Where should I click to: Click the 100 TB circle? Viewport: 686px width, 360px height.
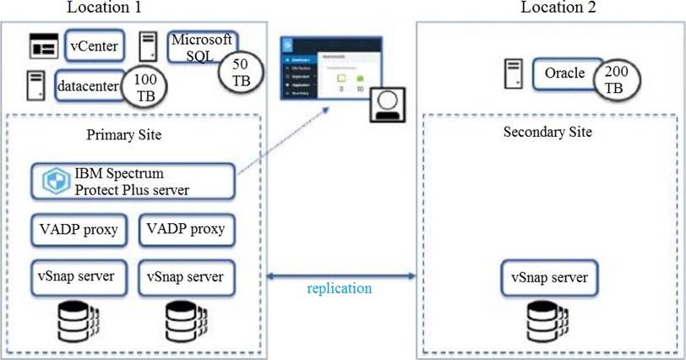pyautogui.click(x=145, y=86)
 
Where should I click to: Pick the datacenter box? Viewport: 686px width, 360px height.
pyautogui.click(x=87, y=86)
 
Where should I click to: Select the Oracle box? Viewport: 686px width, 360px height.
pyautogui.click(x=563, y=74)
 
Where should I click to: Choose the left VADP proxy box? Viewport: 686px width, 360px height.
pyautogui.click(x=78, y=228)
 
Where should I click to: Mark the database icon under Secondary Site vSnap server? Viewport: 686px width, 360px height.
pyautogui.click(x=546, y=319)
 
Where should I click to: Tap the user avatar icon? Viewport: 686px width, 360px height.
pyautogui.click(x=385, y=105)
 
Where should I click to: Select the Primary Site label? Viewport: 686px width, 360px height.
pyautogui.click(x=124, y=136)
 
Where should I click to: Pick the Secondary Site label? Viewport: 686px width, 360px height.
pyautogui.click(x=547, y=132)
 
